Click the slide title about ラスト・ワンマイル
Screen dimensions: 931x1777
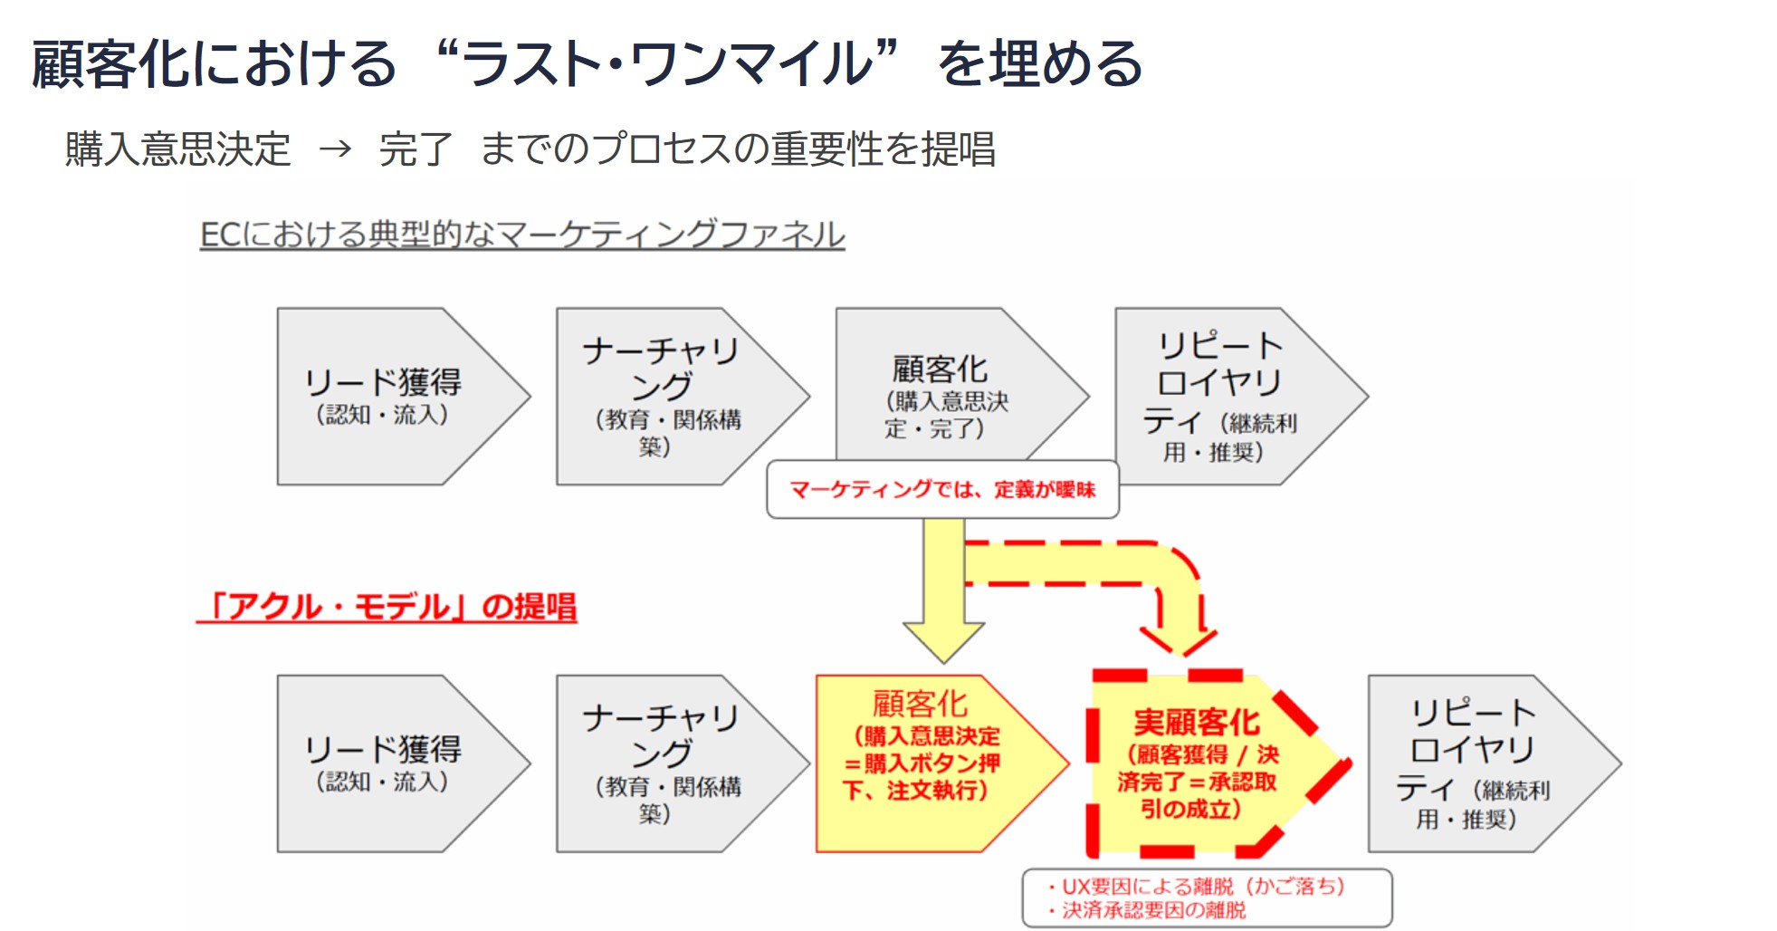tap(587, 64)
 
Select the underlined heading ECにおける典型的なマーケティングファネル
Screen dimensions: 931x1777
tap(521, 235)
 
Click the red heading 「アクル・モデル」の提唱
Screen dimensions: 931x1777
tap(387, 606)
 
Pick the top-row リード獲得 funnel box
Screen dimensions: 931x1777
tap(389, 396)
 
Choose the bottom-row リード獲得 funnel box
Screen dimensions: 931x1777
tap(389, 763)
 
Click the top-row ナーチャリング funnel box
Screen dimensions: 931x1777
tap(665, 396)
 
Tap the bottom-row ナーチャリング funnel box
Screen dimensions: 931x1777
tap(665, 763)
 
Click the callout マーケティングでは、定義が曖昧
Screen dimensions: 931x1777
tap(942, 490)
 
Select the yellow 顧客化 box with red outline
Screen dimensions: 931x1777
tap(923, 763)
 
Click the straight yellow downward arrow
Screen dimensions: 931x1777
tap(943, 589)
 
